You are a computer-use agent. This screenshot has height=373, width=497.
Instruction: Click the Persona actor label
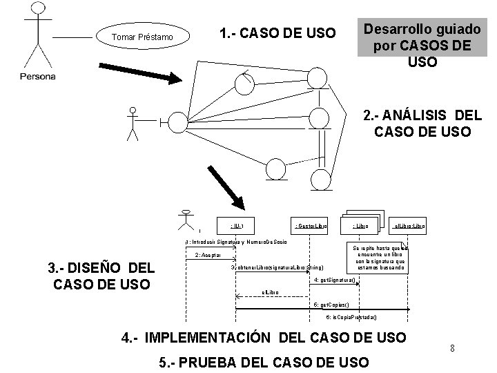[37, 76]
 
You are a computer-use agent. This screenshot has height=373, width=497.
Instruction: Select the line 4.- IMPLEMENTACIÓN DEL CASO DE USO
[263, 337]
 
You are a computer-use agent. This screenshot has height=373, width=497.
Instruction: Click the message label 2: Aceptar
[208, 255]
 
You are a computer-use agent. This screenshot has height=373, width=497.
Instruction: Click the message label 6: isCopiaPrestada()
[352, 317]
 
